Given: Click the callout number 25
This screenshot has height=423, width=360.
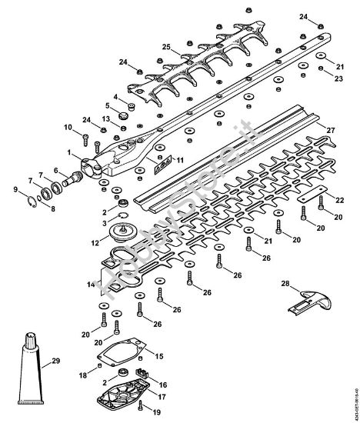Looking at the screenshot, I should [x=165, y=46].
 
